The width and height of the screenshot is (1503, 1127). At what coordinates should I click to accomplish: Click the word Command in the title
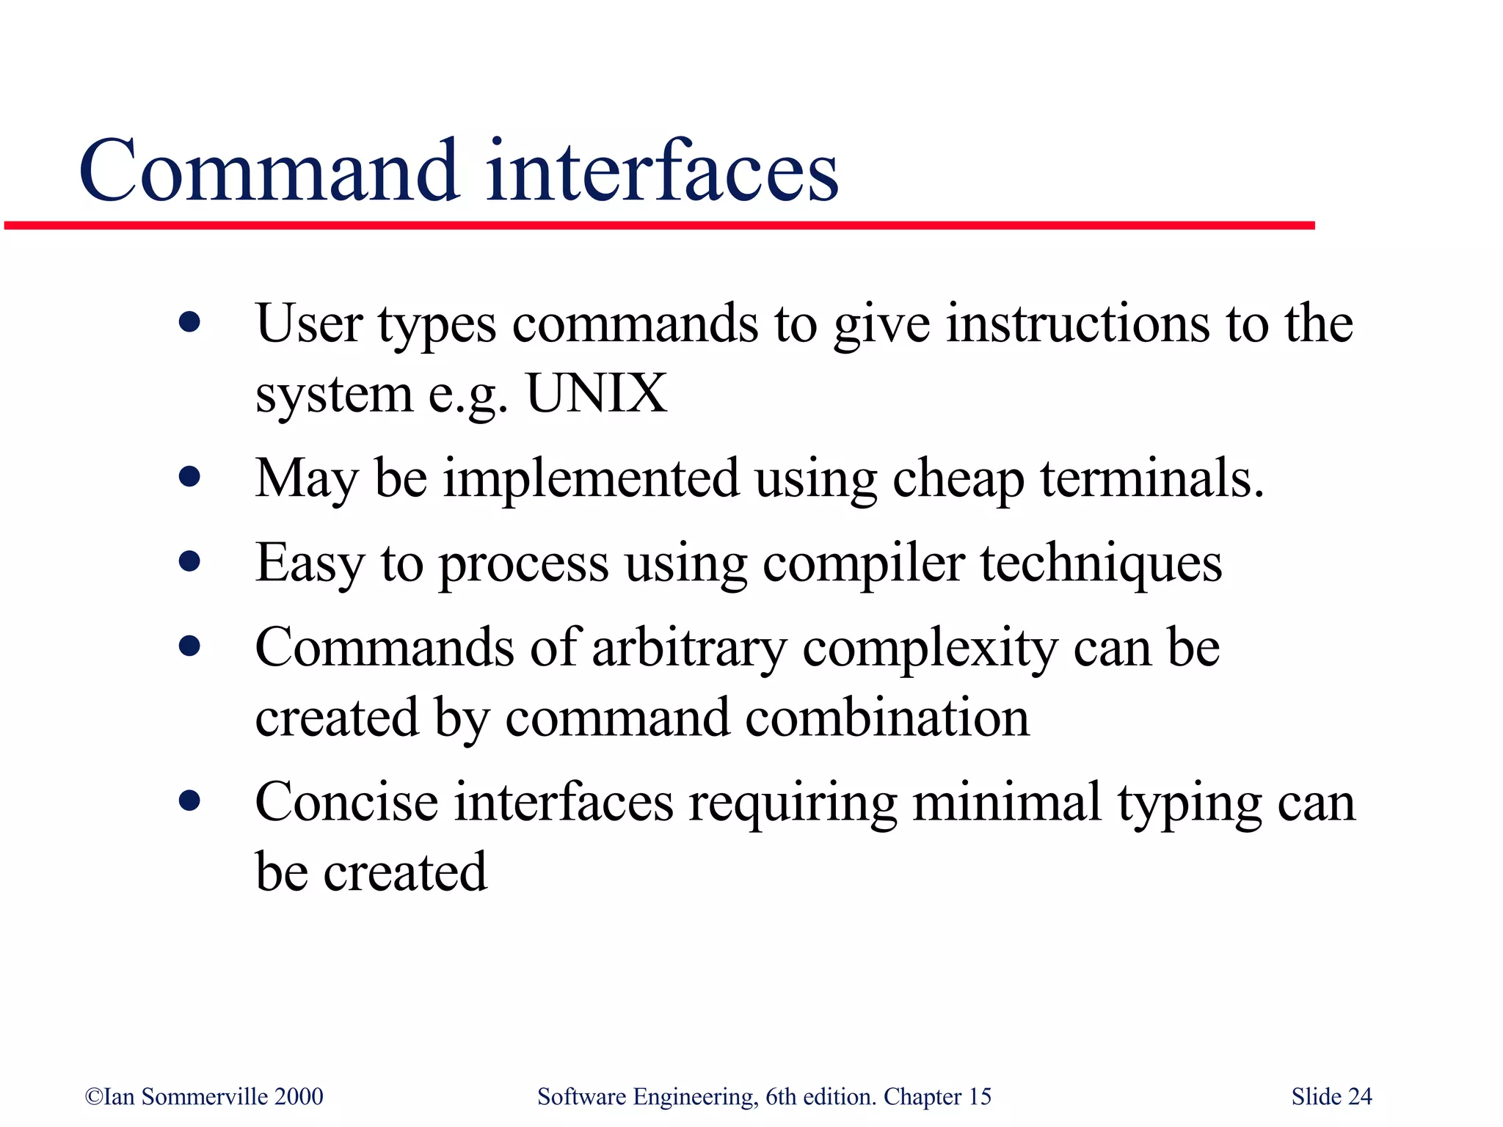click(x=269, y=172)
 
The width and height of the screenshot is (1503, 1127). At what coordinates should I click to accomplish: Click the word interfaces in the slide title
click(x=662, y=172)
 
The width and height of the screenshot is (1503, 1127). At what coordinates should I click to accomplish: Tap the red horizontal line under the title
click(x=658, y=225)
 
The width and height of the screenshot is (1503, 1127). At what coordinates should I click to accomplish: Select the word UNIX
click(x=596, y=394)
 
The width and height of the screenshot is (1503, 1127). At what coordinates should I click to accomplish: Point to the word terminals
click(x=1151, y=478)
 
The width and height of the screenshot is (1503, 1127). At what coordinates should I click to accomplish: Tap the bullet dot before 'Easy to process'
click(x=189, y=561)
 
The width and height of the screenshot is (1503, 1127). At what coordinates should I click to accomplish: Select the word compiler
click(x=863, y=564)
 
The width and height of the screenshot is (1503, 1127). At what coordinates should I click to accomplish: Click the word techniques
click(x=1101, y=564)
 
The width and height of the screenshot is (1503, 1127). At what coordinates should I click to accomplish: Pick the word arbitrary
click(x=688, y=649)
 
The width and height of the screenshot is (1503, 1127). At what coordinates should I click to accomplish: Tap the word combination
click(x=887, y=718)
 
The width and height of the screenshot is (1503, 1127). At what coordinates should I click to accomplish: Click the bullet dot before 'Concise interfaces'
click(x=189, y=800)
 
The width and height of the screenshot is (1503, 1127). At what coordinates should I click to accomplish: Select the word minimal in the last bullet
click(x=1006, y=803)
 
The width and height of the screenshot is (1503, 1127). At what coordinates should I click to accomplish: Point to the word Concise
click(x=346, y=803)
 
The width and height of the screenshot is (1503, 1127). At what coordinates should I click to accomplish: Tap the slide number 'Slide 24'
click(x=1331, y=1096)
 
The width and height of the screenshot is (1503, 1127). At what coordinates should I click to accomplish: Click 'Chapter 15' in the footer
click(x=937, y=1096)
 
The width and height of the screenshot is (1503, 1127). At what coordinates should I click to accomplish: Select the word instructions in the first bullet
click(x=1077, y=324)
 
